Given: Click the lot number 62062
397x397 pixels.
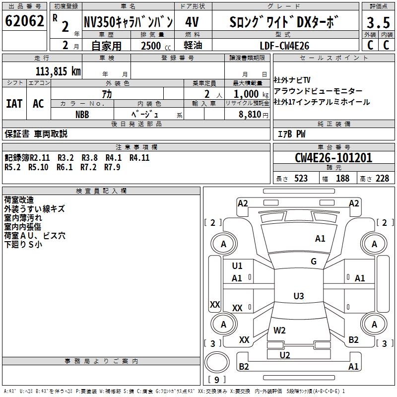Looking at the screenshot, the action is tap(24, 21).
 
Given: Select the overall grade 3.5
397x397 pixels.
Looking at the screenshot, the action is tap(378, 23).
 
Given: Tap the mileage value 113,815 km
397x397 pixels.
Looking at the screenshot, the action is tap(58, 71).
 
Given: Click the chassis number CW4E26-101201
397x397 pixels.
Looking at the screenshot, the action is tap(333, 158).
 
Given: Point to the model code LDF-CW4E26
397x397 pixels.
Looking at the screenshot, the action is tap(284, 46).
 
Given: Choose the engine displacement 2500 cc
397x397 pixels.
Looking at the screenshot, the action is tap(156, 46).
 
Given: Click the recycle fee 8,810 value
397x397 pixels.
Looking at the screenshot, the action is tap(250, 114).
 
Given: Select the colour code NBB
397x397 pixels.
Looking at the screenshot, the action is tap(82, 115).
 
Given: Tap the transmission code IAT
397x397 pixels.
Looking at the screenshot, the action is tap(14, 104).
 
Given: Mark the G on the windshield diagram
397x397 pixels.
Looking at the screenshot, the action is tap(314, 261).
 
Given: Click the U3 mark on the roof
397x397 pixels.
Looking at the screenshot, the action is tap(299, 296).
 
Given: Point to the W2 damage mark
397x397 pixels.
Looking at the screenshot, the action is tap(279, 330).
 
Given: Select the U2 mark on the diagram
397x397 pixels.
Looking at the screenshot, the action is tap(284, 355).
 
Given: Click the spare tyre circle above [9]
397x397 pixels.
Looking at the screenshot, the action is tap(217, 362).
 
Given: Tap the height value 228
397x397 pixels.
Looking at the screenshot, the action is tap(382, 178).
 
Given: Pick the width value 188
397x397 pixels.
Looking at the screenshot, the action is tap(342, 178).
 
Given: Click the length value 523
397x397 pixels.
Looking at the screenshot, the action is tap(301, 178).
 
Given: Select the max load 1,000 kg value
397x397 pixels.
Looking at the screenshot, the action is tap(251, 94).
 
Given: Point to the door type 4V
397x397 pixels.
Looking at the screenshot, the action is tap(192, 22).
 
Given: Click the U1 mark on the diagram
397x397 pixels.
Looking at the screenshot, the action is tap(237, 265).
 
